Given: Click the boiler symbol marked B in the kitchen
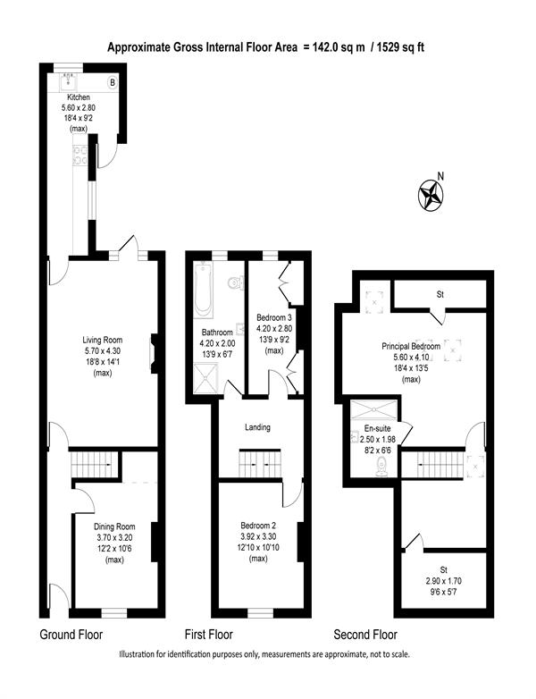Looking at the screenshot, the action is click(x=113, y=82).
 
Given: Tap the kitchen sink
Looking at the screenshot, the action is click(x=69, y=80).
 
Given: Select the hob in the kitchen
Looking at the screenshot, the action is click(x=80, y=156).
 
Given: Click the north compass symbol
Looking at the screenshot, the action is click(x=431, y=194).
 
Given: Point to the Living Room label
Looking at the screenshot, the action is click(x=103, y=340).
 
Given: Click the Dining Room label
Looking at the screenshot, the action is click(x=114, y=526).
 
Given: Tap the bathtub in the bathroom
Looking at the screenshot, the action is click(x=204, y=289).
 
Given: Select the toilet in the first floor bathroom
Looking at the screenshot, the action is click(x=235, y=282).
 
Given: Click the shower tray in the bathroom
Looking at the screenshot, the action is click(x=205, y=378).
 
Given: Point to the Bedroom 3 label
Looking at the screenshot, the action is click(x=274, y=318).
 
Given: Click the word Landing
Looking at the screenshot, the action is click(x=257, y=427).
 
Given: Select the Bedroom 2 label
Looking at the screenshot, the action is click(x=258, y=526).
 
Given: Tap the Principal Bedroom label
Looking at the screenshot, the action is click(x=411, y=347).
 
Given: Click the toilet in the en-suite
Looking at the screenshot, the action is click(x=381, y=467).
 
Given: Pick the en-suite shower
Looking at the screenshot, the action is click(x=373, y=409).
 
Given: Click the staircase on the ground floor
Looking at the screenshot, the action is click(x=95, y=464).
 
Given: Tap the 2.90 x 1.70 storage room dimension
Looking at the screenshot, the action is click(x=443, y=581).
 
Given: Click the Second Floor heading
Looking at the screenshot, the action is click(x=365, y=635).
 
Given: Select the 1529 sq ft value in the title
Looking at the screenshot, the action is click(x=400, y=47).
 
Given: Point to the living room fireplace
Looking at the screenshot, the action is click(x=154, y=353).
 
